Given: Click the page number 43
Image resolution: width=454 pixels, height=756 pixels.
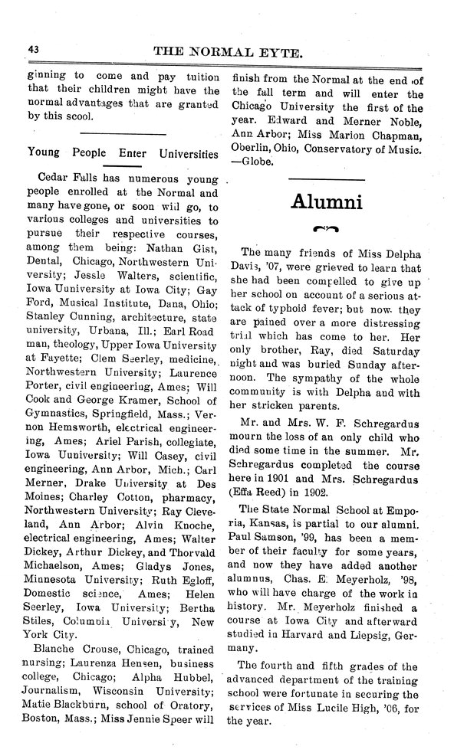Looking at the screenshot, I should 33,49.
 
